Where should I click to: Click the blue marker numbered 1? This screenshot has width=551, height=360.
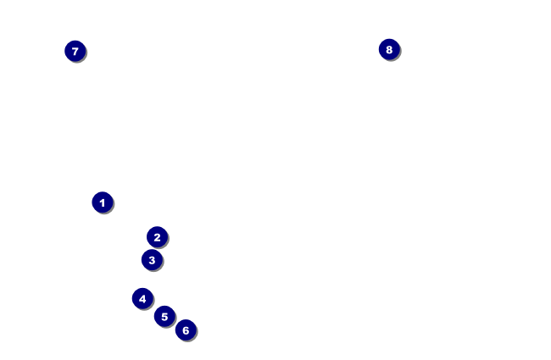[102, 202]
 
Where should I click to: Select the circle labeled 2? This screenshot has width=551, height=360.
[157, 237]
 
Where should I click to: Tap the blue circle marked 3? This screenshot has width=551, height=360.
[152, 260]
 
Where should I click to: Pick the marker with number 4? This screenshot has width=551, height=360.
[142, 298]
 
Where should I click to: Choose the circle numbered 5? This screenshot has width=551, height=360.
[164, 317]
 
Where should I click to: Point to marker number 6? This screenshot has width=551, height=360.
[186, 330]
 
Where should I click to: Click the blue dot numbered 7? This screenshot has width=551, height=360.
[75, 52]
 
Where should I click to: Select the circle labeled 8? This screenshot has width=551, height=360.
[389, 50]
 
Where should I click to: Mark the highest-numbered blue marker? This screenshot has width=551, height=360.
[389, 50]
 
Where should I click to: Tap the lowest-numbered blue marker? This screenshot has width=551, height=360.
[102, 202]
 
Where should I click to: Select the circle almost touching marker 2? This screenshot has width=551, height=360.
[152, 260]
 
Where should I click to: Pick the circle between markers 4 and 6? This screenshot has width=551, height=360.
[164, 317]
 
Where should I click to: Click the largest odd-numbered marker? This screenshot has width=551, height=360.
[75, 52]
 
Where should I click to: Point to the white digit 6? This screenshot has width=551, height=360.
[186, 330]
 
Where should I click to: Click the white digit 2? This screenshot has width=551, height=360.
[157, 237]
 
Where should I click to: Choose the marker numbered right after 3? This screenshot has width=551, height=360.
[142, 298]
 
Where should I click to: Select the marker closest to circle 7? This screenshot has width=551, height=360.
[102, 202]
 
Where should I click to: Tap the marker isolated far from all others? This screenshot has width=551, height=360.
[389, 50]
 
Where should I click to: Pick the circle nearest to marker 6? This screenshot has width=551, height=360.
[164, 317]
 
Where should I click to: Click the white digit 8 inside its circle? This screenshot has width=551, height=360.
[389, 50]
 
